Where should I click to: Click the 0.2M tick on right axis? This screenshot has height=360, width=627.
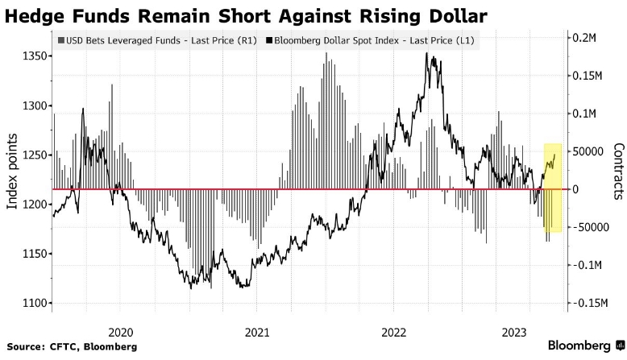point(588,38)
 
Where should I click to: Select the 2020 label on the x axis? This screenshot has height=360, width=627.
point(120,331)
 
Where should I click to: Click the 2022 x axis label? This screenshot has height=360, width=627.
point(394,331)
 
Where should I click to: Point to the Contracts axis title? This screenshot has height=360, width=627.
point(618,172)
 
